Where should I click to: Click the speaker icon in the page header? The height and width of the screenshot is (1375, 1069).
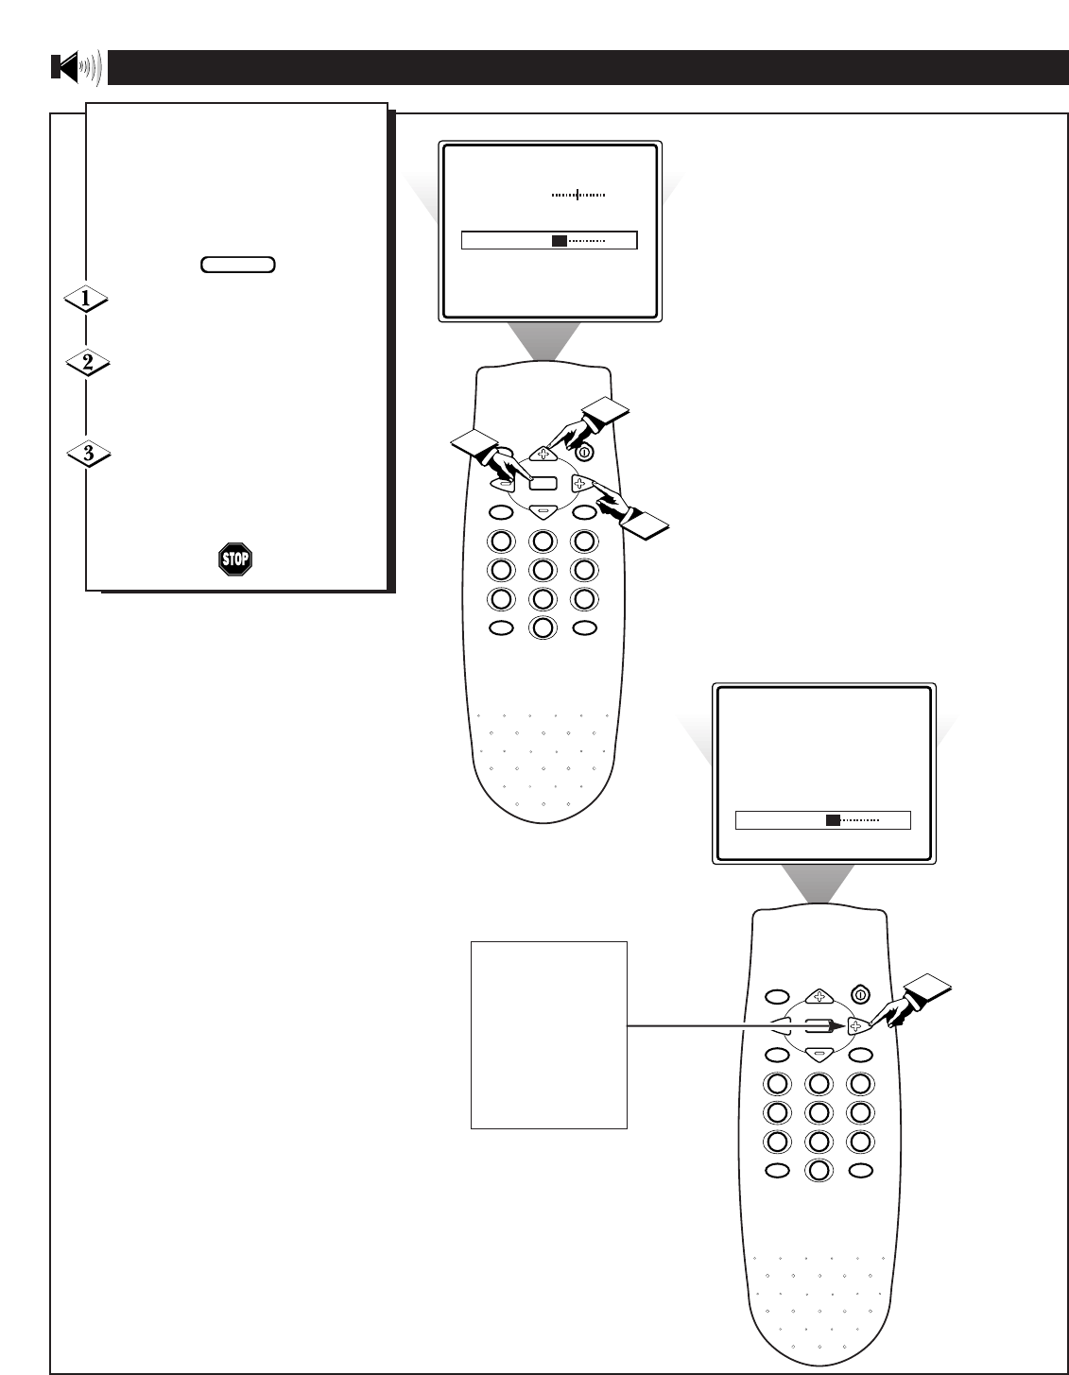pyautogui.click(x=76, y=68)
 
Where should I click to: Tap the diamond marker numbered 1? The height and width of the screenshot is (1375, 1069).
pyautogui.click(x=86, y=300)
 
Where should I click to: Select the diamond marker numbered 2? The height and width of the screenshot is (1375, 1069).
pyautogui.click(x=86, y=363)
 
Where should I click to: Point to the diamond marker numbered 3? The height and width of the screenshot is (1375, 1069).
pyautogui.click(x=88, y=454)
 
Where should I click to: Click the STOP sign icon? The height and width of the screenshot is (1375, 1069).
pyautogui.click(x=234, y=559)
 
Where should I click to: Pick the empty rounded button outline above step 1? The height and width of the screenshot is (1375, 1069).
pyautogui.click(x=238, y=265)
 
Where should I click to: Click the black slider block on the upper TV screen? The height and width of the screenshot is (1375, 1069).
pyautogui.click(x=560, y=241)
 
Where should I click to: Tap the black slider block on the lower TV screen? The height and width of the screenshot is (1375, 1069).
pyautogui.click(x=833, y=820)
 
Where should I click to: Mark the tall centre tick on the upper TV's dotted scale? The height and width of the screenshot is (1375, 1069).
pyautogui.click(x=578, y=195)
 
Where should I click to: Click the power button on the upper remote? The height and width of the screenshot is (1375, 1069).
pyautogui.click(x=585, y=453)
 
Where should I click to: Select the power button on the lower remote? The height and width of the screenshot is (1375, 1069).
pyautogui.click(x=859, y=994)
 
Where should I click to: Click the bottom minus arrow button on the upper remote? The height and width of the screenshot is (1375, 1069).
pyautogui.click(x=543, y=511)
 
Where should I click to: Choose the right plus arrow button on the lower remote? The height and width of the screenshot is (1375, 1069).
pyautogui.click(x=856, y=1024)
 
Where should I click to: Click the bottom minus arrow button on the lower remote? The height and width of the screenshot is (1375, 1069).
pyautogui.click(x=818, y=1053)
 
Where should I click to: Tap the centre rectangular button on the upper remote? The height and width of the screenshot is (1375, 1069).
pyautogui.click(x=543, y=483)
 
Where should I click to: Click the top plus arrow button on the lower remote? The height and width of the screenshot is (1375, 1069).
pyautogui.click(x=817, y=996)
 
